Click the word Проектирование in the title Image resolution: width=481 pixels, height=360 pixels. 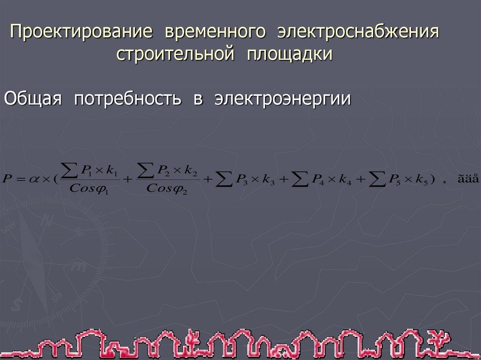click(82, 33)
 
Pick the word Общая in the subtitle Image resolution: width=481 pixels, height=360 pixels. click(33, 99)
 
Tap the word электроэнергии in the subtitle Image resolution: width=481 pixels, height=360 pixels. click(283, 99)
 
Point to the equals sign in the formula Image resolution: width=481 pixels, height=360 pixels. click(21, 179)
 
